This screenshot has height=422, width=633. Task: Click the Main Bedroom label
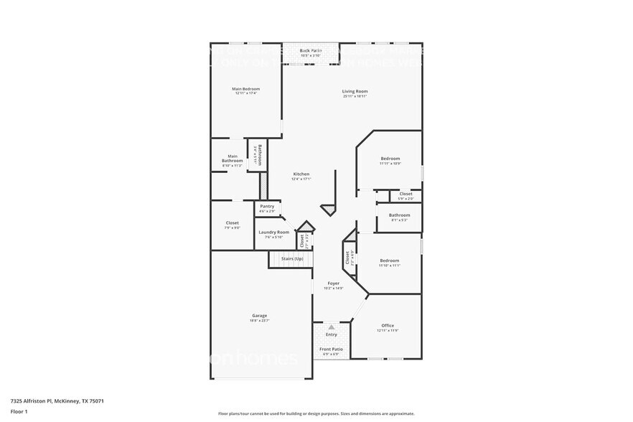(245, 89)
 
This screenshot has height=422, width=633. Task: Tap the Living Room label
(355, 91)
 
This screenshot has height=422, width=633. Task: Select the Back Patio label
(311, 50)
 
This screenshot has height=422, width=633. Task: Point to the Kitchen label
(301, 174)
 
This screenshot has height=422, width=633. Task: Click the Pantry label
(267, 207)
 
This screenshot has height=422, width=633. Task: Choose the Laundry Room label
(273, 232)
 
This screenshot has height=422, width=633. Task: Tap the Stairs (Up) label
(291, 258)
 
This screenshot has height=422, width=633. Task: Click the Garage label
(259, 316)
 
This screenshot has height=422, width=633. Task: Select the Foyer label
(334, 283)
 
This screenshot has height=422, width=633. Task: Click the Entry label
(332, 334)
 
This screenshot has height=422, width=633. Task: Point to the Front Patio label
(332, 349)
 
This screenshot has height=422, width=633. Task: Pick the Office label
(388, 326)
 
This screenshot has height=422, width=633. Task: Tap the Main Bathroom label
(233, 158)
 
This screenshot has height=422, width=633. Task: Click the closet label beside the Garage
(232, 223)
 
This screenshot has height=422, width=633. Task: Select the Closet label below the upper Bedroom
(405, 194)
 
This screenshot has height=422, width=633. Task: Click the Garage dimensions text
(259, 321)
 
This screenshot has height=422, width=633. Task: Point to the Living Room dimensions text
(355, 96)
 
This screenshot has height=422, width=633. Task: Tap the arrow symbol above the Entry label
(332, 327)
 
